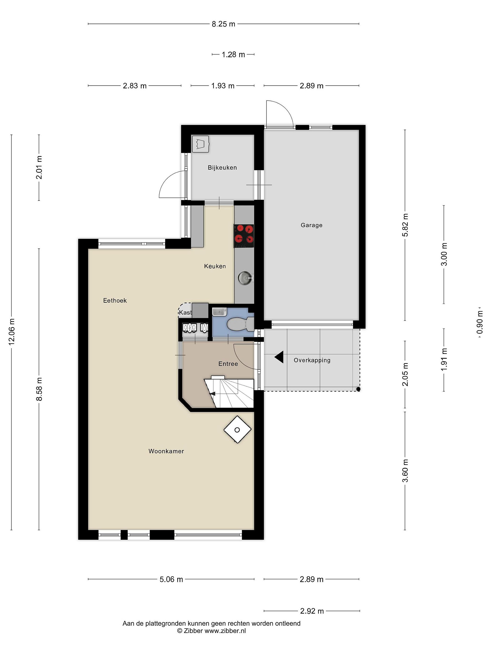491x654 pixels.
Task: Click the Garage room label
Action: (x=311, y=225)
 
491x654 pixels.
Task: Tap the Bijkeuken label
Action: (x=222, y=168)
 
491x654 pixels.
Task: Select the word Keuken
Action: (x=215, y=266)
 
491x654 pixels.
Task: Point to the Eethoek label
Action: (x=115, y=300)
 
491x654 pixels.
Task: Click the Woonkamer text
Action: (x=166, y=451)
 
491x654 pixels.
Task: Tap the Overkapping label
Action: (x=312, y=360)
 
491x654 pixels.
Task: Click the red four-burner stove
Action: (x=244, y=236)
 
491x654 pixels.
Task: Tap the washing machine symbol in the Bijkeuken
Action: (x=200, y=144)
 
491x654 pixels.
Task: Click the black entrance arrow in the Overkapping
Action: (x=279, y=357)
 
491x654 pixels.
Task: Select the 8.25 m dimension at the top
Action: (x=223, y=24)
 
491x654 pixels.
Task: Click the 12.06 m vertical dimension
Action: (x=12, y=332)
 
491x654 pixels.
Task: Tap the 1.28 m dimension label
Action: (x=233, y=54)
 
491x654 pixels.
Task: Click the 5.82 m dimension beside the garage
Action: (x=405, y=225)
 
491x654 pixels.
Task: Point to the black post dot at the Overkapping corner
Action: (x=358, y=389)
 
